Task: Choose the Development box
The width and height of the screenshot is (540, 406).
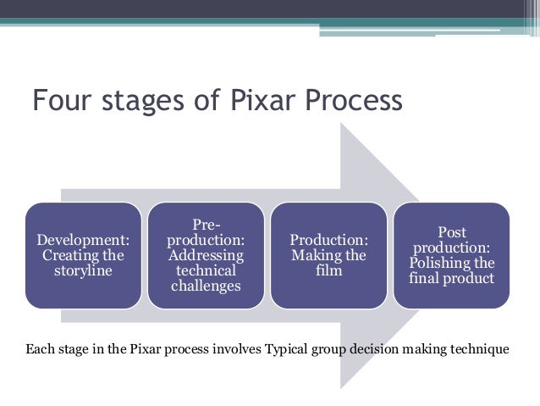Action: point(83,255)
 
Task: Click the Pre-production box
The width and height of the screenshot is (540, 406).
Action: point(207,255)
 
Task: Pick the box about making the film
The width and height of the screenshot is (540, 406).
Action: point(328,255)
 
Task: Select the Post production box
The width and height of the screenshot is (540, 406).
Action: point(452,255)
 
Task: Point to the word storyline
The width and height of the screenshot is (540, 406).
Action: point(83,271)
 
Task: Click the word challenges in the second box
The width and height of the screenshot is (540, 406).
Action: point(207,286)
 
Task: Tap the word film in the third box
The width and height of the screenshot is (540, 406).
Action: point(328,271)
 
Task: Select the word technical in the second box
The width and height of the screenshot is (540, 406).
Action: point(207,270)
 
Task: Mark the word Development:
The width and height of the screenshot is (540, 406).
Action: point(83,240)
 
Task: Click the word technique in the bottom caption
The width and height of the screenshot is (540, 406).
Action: point(481,348)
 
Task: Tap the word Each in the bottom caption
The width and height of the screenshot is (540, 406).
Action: point(40,348)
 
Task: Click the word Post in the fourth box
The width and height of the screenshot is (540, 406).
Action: point(452,232)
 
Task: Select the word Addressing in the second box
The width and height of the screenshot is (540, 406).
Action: point(207,255)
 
